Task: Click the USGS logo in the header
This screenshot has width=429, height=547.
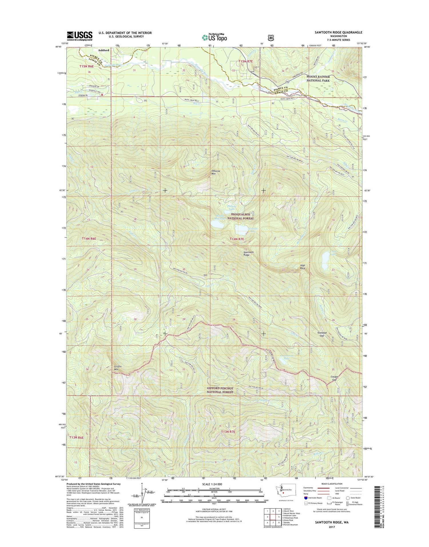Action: (x=80, y=36)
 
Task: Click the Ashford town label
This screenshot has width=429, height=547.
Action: (x=103, y=50)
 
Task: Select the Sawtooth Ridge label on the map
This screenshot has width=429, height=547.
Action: (x=248, y=253)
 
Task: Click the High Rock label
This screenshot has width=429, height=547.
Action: (x=303, y=267)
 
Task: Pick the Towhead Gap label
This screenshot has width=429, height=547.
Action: (x=322, y=334)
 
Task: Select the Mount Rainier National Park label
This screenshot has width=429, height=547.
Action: (x=318, y=78)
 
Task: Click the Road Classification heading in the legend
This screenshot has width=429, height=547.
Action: (x=333, y=484)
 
